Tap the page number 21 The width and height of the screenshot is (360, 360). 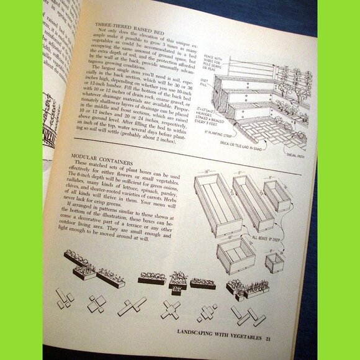[x=268, y=339]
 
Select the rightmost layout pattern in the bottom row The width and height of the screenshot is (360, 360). [x=246, y=315]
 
